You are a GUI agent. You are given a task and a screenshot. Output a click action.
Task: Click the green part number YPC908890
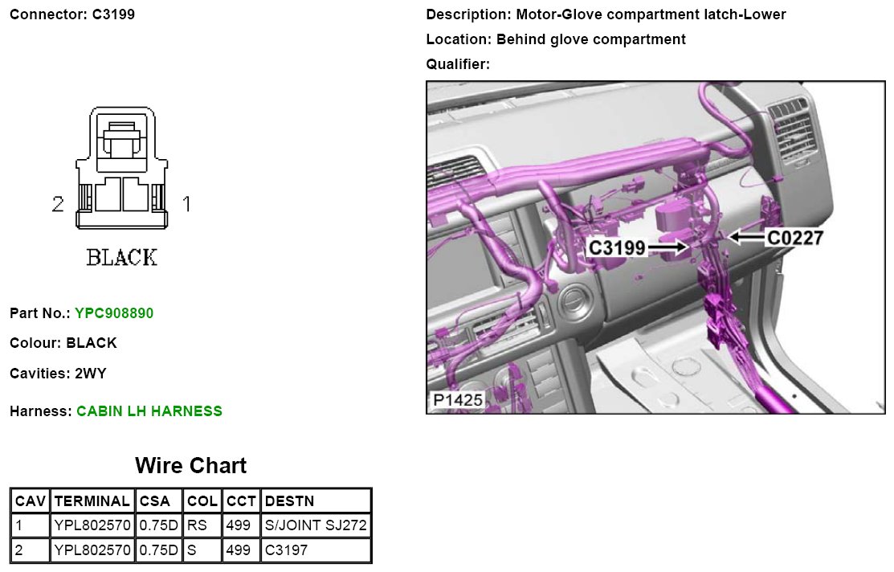[x=114, y=313]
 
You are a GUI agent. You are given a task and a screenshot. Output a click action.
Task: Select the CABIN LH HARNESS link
[x=149, y=411]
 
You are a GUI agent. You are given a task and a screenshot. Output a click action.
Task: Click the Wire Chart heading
[x=191, y=465]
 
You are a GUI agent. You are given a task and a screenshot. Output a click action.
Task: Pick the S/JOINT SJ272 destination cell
[x=316, y=525]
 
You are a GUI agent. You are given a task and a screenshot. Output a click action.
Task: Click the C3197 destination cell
[x=286, y=550]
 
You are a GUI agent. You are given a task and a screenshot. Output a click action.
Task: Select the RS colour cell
[x=198, y=525]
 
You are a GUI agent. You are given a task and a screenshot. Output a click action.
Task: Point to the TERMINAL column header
[x=92, y=501]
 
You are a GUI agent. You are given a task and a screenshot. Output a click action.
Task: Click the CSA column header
[x=155, y=501]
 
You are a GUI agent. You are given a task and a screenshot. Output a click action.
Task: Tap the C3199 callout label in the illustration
[x=617, y=248]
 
